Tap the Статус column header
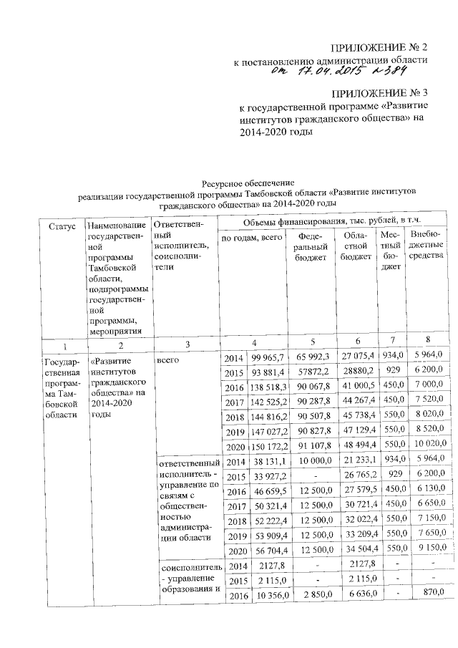[x=62, y=226]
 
